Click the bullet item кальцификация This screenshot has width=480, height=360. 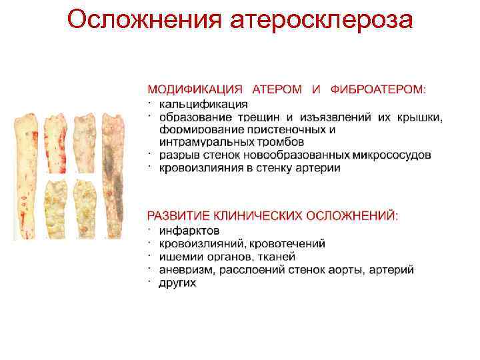(203, 104)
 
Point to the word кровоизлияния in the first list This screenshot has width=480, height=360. (194, 168)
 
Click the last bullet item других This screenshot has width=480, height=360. (177, 283)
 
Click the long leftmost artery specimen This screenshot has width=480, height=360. (27, 177)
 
